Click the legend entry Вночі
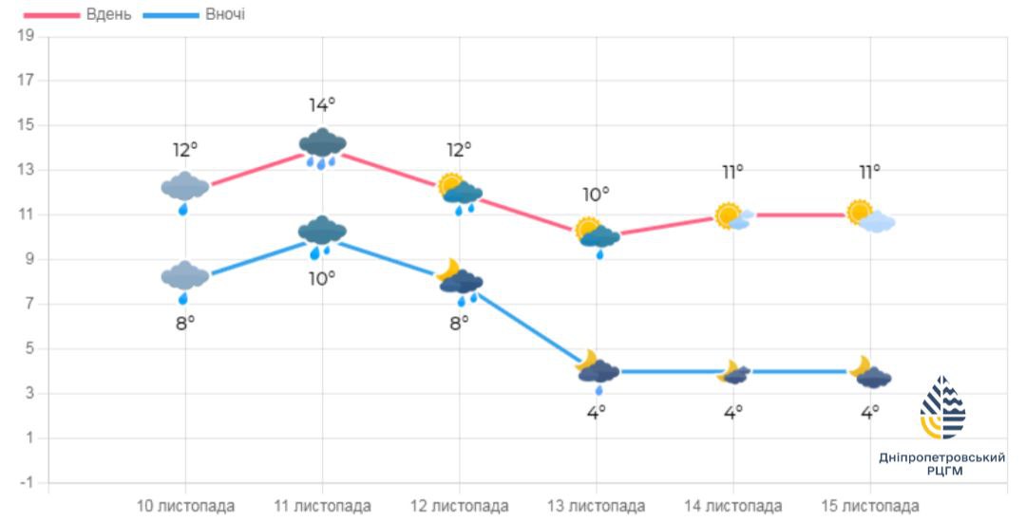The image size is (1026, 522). coord(224,15)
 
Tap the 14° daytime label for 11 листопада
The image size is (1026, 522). coord(322,104)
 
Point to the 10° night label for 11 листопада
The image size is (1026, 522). coord(322,278)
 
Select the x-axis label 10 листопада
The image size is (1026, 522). coord(185,505)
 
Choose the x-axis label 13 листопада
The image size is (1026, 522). coord(597,505)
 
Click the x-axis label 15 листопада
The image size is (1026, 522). coord(870,505)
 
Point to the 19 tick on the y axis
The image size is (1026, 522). coord(26,36)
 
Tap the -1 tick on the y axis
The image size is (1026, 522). coord(26,482)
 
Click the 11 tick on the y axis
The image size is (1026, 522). coord(26,214)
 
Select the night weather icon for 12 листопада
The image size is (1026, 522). coord(461,283)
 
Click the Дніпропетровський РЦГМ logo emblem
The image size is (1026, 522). coord(941,408)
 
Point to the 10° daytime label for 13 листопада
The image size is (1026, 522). coord(596,195)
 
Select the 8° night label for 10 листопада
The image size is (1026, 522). coord(184,323)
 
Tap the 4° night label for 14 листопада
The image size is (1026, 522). coord(733,412)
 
